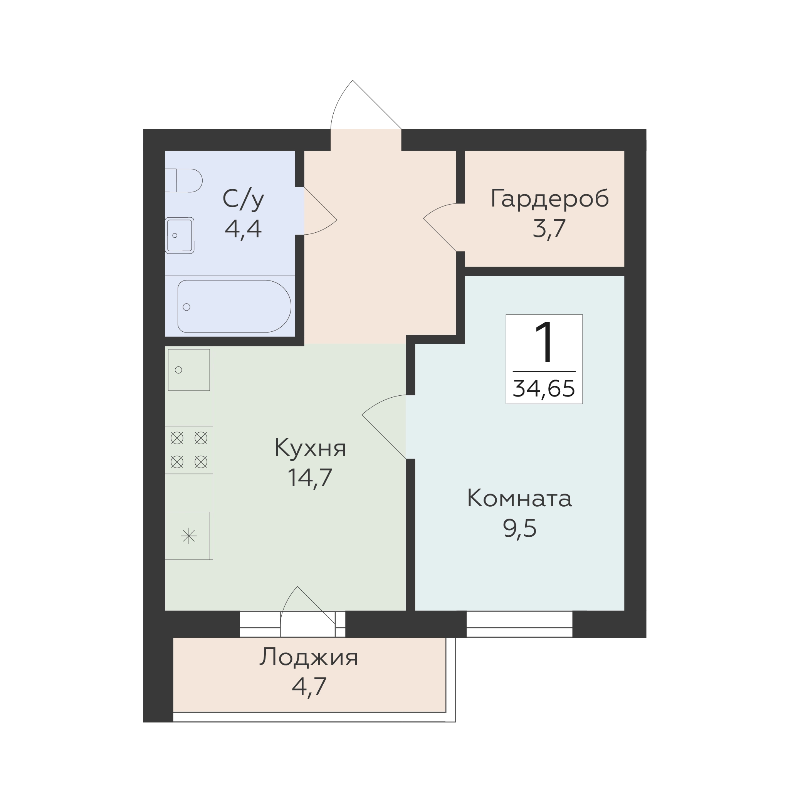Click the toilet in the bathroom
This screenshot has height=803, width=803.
[184, 180]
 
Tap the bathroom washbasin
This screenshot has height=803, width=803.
[180, 235]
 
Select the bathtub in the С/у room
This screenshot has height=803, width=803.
[234, 306]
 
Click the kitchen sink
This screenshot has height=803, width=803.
[189, 370]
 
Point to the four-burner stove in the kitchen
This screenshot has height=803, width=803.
[189, 450]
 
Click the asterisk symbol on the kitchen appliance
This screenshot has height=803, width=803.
[189, 536]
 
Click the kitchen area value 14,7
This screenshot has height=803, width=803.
[310, 477]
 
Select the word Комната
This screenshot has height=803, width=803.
[519, 498]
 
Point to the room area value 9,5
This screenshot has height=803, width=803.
[519, 528]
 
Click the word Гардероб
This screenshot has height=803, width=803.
[549, 198]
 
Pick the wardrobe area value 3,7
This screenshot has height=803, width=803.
[549, 228]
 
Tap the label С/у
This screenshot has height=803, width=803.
[243, 199]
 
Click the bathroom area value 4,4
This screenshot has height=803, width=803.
[243, 228]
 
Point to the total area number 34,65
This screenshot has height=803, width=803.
[544, 389]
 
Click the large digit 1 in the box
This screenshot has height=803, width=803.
[544, 343]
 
